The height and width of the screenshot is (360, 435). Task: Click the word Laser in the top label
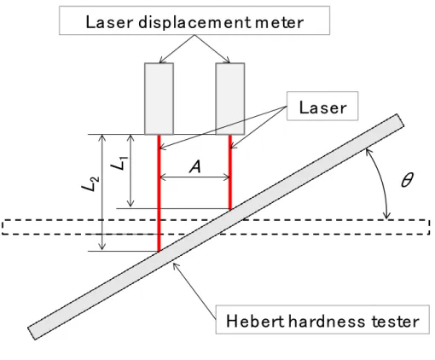(x=109, y=22)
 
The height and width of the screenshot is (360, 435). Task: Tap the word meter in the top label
(x=279, y=22)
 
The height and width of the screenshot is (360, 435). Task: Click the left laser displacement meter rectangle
(x=159, y=99)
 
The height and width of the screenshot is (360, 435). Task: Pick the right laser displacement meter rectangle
(x=230, y=99)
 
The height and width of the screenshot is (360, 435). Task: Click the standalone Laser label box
(x=322, y=106)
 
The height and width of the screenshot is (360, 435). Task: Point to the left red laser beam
(x=159, y=193)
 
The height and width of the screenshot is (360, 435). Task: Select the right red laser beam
(x=230, y=172)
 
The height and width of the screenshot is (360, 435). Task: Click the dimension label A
(x=195, y=166)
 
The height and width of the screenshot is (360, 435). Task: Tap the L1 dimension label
(x=119, y=164)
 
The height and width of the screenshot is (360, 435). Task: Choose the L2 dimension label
(x=90, y=184)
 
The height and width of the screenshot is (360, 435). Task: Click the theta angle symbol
(x=407, y=180)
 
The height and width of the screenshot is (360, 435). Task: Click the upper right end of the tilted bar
(x=400, y=120)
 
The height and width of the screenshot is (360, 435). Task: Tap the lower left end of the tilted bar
(x=32, y=334)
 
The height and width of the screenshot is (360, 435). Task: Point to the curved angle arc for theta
(x=382, y=183)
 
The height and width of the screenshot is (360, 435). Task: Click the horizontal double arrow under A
(x=194, y=178)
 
